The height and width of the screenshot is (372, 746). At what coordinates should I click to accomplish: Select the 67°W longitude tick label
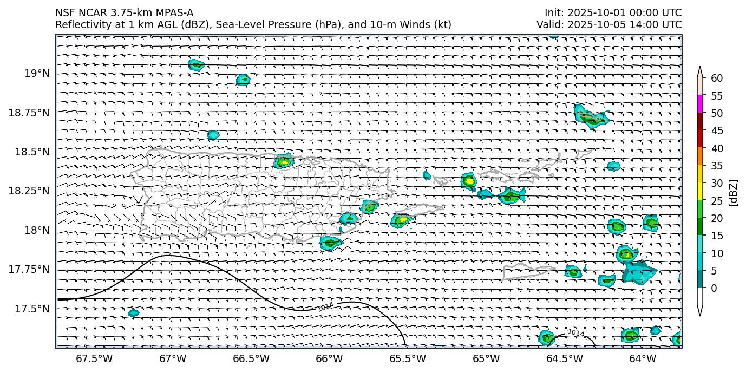172,358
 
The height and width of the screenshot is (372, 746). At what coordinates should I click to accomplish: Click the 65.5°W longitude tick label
407,358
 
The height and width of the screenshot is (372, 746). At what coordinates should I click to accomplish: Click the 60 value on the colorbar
717,79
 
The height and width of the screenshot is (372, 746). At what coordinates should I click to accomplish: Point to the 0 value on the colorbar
714,288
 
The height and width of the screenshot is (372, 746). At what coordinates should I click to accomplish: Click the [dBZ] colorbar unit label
734,192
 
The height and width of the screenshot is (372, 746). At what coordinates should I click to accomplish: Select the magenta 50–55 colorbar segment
700,104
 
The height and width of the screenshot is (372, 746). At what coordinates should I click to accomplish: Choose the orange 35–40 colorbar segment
700,156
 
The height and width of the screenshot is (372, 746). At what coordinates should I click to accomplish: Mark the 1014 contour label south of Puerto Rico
325,307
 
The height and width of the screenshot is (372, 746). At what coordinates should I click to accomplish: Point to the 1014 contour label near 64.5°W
575,332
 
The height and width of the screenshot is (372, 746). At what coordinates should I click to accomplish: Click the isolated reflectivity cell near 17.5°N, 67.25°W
133,313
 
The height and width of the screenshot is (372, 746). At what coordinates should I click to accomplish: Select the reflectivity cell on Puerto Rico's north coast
283,161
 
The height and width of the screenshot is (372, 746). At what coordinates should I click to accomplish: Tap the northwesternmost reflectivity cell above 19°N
196,65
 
